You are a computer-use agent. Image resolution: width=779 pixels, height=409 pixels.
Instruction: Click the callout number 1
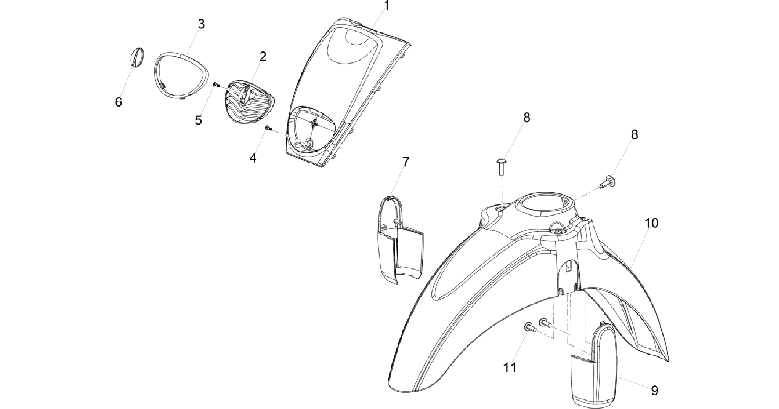click(x=386, y=6)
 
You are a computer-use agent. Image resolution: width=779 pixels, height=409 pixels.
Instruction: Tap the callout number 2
click(x=263, y=57)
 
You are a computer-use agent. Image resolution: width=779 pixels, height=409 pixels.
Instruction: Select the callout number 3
click(x=201, y=24)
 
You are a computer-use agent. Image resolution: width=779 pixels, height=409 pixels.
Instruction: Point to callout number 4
click(x=253, y=158)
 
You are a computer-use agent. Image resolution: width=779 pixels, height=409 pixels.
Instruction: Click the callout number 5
click(x=198, y=120)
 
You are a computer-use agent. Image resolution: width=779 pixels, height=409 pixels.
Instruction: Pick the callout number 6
click(x=119, y=102)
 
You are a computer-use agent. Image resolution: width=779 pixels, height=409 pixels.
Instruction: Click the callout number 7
click(x=406, y=162)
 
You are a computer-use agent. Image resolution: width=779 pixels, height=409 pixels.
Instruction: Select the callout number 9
click(x=654, y=390)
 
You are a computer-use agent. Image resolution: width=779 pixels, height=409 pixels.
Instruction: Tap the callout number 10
click(x=652, y=223)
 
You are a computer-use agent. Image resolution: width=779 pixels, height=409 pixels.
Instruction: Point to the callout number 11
click(x=510, y=367)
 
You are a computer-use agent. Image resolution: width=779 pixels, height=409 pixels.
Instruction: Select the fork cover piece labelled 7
click(x=398, y=239)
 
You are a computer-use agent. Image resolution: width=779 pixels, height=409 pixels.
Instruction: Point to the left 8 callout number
click(x=526, y=118)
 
